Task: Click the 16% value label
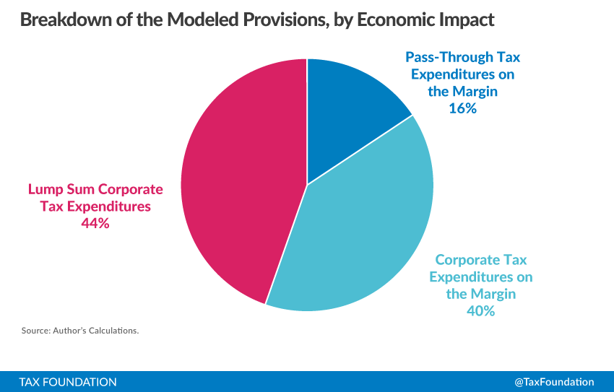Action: pyautogui.click(x=462, y=108)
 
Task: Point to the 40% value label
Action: pyautogui.click(x=481, y=311)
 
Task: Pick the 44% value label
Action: pyautogui.click(x=95, y=223)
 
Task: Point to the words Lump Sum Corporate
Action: pyautogui.click(x=95, y=189)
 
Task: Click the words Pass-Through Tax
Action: pyautogui.click(x=462, y=58)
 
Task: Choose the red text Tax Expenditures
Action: pyautogui.click(x=95, y=206)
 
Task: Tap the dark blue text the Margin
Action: pyautogui.click(x=462, y=92)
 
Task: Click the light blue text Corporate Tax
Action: pyautogui.click(x=481, y=260)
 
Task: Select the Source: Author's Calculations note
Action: pyautogui.click(x=80, y=331)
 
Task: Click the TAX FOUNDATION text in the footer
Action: pyautogui.click(x=68, y=382)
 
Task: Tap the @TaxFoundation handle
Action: pyautogui.click(x=554, y=382)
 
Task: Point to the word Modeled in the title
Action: pyautogui.click(x=202, y=19)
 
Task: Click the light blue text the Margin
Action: pyautogui.click(x=481, y=295)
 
